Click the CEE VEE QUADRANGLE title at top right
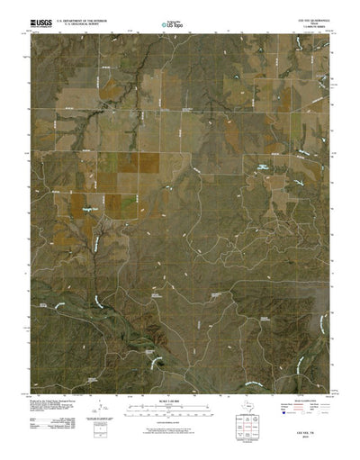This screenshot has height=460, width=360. (307, 16)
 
